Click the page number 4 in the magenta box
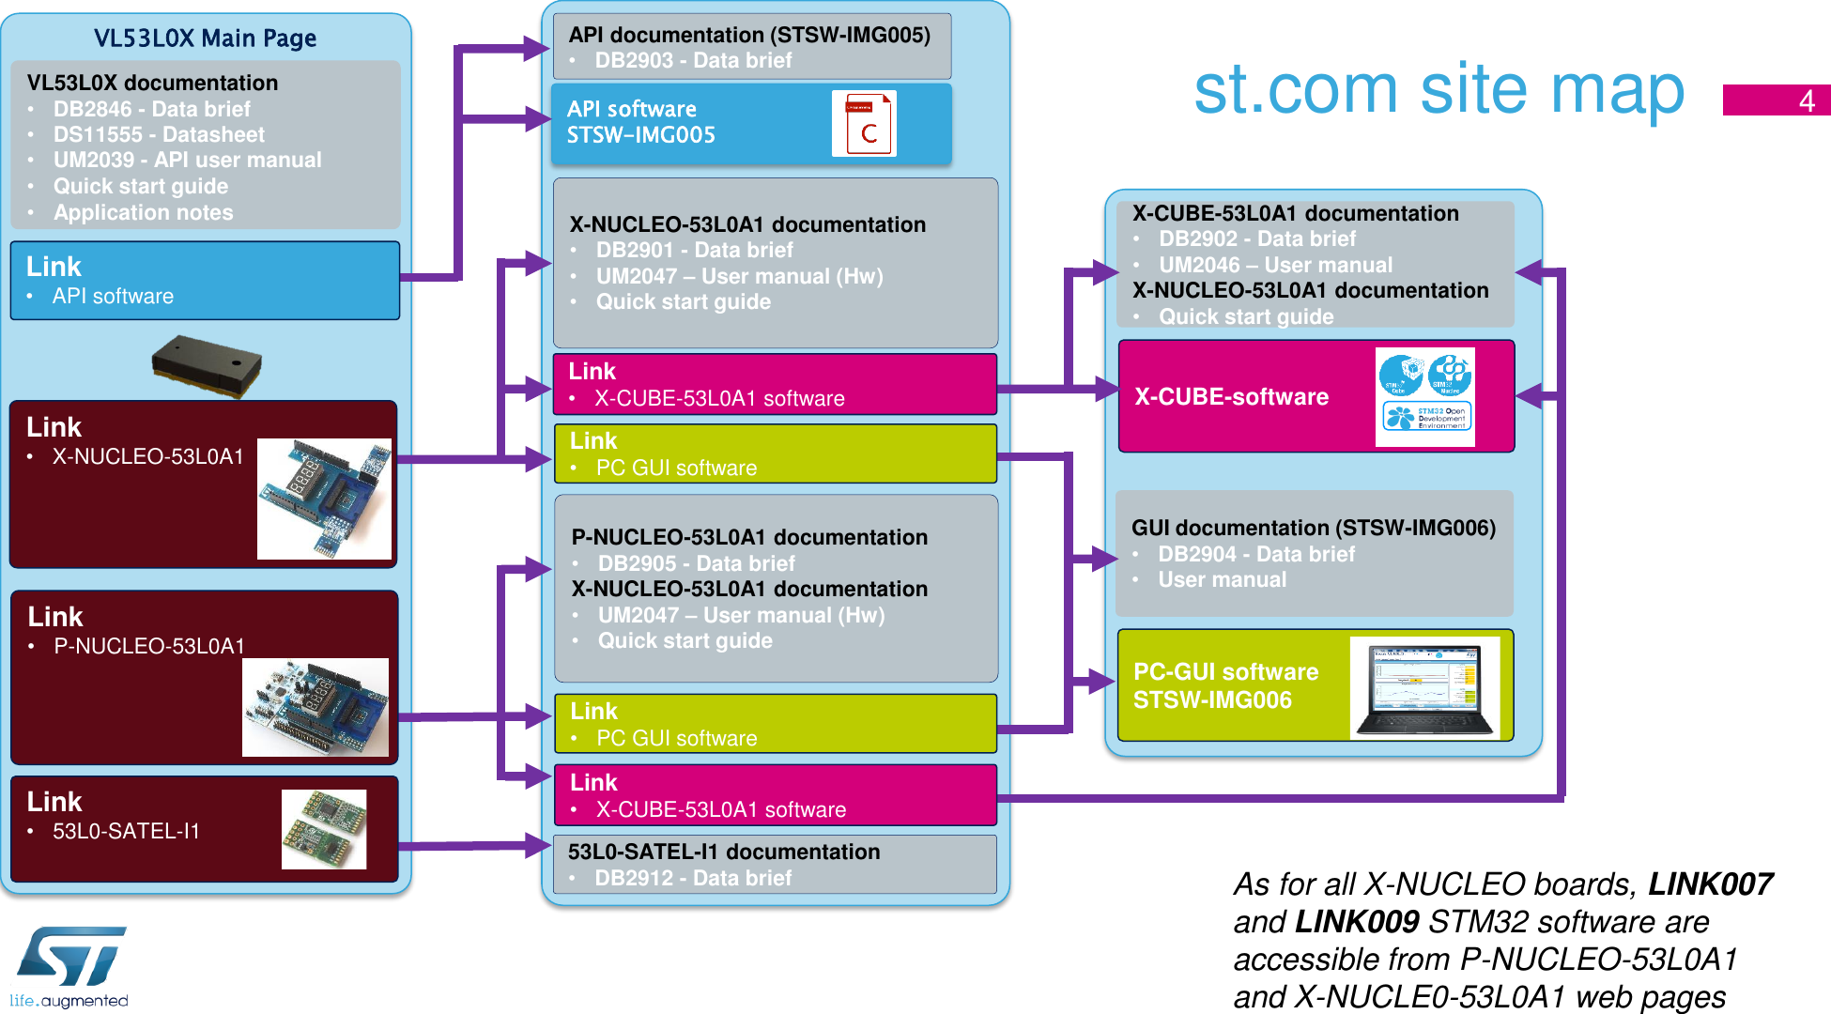coord(1805,100)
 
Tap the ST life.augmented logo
coord(70,966)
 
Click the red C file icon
coord(864,124)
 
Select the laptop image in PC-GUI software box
coord(1424,689)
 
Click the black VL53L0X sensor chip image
coord(207,365)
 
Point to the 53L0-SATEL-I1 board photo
coord(324,828)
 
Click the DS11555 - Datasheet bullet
coord(159,134)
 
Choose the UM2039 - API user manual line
coord(187,160)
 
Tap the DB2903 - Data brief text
coord(693,60)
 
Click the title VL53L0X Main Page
coord(205,38)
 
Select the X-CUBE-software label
coord(1231,396)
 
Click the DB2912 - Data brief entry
coord(693,878)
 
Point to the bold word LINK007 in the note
coord(1710,883)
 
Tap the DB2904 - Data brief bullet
coord(1255,554)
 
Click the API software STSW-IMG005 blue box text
coord(640,122)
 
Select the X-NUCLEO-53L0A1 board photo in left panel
coord(324,499)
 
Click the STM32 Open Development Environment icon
coord(1426,416)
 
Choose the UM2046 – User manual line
coord(1274,265)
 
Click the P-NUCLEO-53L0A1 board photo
coord(315,707)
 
